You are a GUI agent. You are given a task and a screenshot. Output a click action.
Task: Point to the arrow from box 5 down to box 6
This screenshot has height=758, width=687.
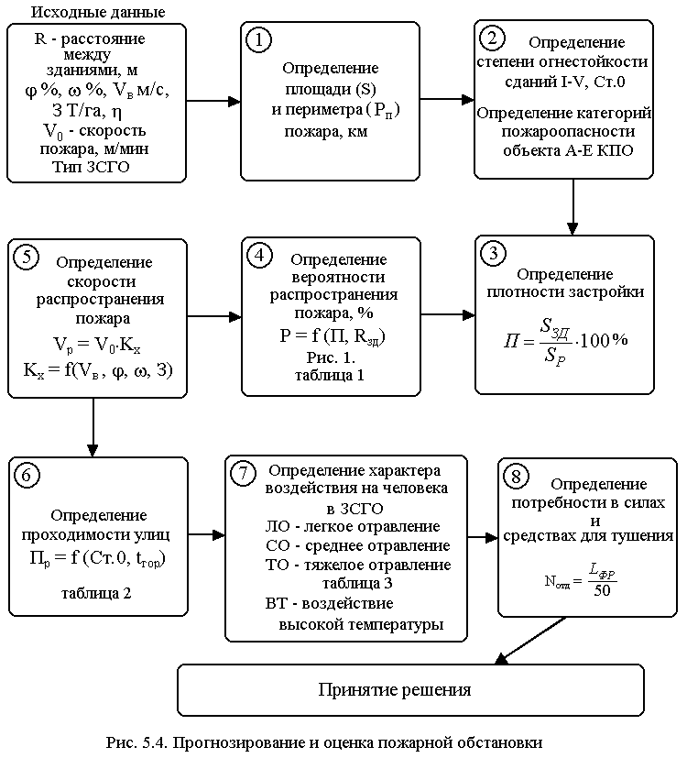click(93, 425)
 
